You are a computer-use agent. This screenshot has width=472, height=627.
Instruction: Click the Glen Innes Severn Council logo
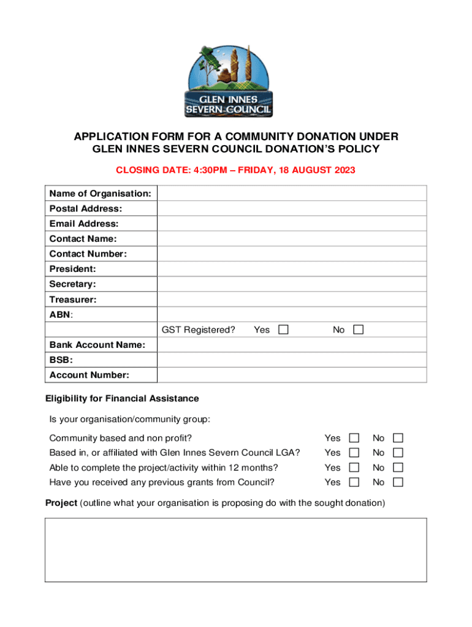pyautogui.click(x=229, y=81)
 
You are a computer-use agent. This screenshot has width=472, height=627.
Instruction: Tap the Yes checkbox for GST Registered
pyautogui.click(x=283, y=330)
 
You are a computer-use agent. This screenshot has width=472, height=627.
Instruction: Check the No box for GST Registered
pyautogui.click(x=359, y=330)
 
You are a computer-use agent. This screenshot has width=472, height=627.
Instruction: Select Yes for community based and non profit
pyautogui.click(x=354, y=438)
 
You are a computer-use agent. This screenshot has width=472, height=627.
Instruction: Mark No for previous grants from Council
pyautogui.click(x=398, y=482)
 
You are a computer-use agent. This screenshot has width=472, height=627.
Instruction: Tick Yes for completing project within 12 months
pyautogui.click(x=354, y=467)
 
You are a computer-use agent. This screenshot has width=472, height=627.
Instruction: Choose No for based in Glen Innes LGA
pyautogui.click(x=398, y=452)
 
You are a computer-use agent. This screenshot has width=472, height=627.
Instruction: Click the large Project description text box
pyautogui.click(x=235, y=549)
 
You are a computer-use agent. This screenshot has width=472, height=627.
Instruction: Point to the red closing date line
pyautogui.click(x=236, y=170)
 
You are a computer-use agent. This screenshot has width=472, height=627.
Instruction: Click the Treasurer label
pyautogui.click(x=73, y=300)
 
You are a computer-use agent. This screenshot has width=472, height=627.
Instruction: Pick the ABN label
pyautogui.click(x=61, y=315)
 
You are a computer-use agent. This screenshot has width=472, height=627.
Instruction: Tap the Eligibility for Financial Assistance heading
pyautogui.click(x=122, y=399)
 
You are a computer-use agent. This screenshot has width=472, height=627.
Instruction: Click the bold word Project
pyautogui.click(x=61, y=503)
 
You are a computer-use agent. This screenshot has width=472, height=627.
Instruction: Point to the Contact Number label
pyautogui.click(x=88, y=254)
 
